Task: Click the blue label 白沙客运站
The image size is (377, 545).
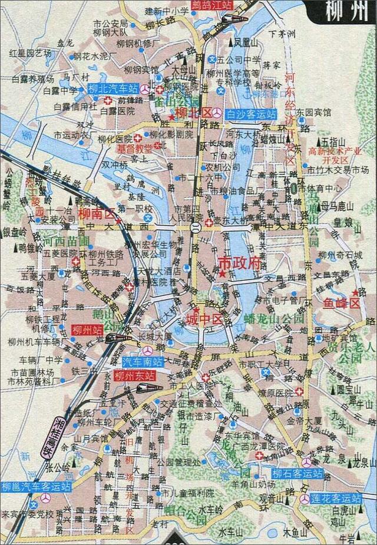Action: pos(252,113)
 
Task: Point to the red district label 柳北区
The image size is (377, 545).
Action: pos(193,112)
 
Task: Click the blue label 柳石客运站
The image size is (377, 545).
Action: pos(297,473)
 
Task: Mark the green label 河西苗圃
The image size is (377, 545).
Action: pos(66,241)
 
